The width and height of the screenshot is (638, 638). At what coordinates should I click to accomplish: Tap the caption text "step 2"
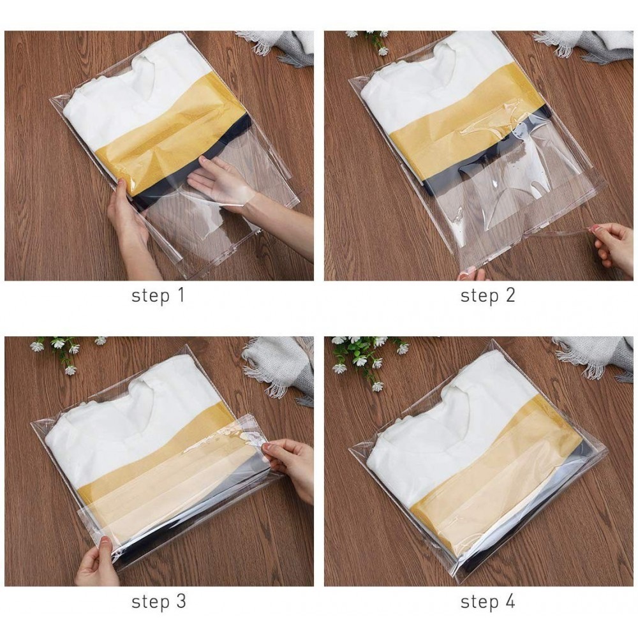[487, 295]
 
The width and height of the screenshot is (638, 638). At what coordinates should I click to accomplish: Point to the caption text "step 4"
[487, 601]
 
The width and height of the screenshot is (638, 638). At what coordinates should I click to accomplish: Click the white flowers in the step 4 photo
[364, 357]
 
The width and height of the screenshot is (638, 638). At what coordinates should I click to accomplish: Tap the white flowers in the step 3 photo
[64, 351]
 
